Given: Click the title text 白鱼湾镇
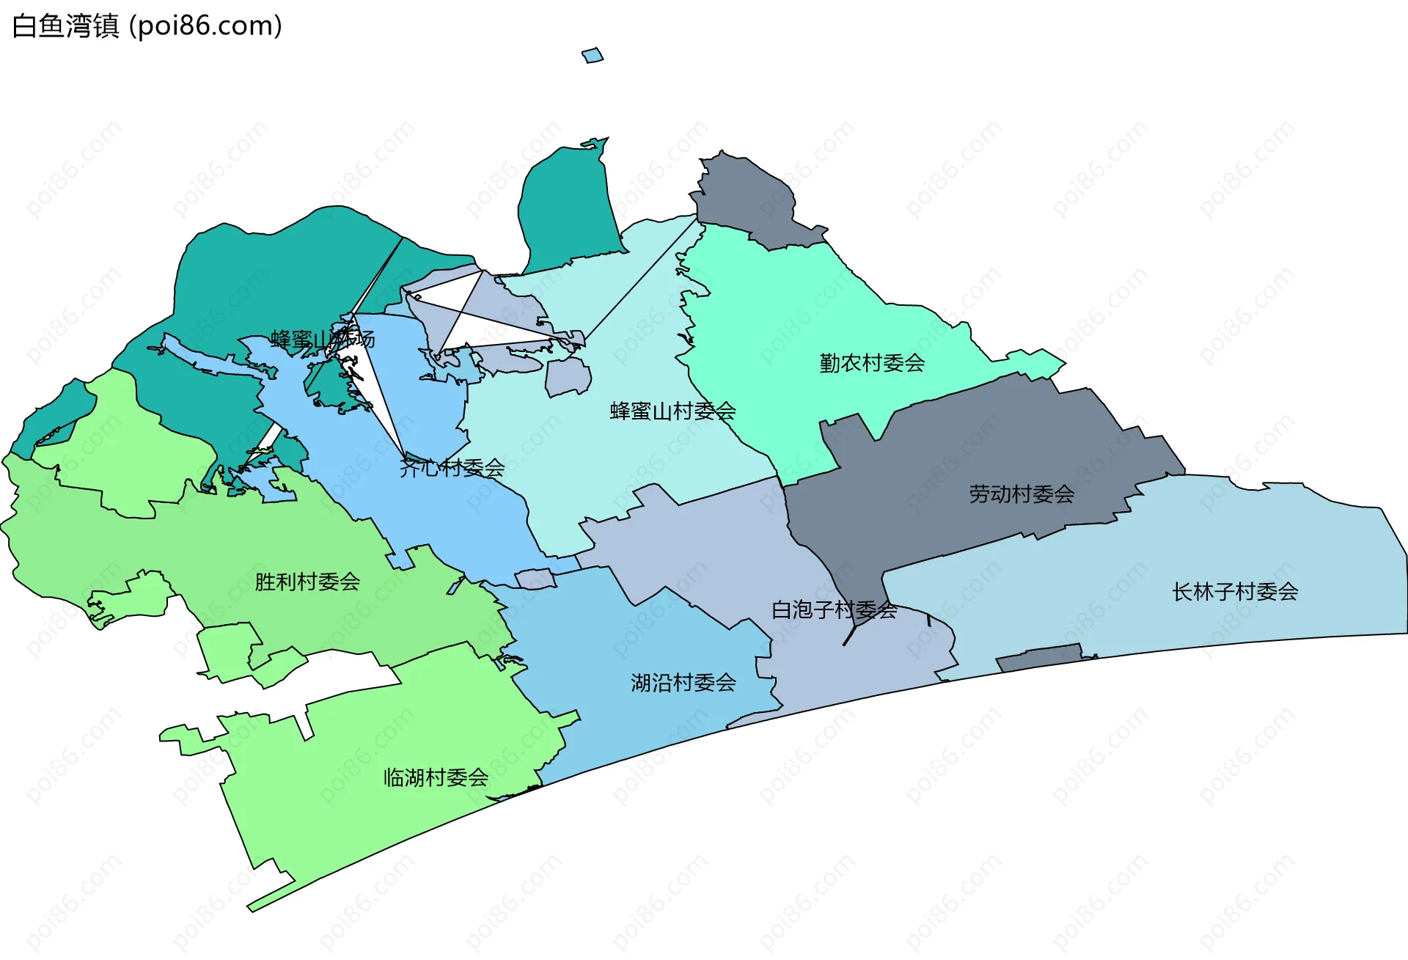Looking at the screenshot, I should pos(66,26).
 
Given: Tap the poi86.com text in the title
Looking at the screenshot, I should pos(205,26).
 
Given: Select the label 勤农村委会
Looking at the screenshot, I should pos(872,363).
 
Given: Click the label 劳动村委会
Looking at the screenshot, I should pos(1022,494).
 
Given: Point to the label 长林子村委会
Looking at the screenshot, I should pos(1235,592).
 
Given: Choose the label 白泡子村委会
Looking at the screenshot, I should pos(834,609).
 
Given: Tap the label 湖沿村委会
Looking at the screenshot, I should pos(683,683).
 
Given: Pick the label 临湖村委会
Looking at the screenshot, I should pos(436,777).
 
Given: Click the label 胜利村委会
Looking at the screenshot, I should pos(307,582).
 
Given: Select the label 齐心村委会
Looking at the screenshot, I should pos(452,468).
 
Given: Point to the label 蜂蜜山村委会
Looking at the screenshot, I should pos(672,411).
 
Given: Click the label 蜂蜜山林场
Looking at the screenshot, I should pos(323,340).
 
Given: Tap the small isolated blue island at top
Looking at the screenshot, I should pos(593,56).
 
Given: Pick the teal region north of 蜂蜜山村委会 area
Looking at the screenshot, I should pos(568,205).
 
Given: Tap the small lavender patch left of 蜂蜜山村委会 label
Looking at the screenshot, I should pos(568,376).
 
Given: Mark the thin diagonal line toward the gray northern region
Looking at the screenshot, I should pos(638,282).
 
